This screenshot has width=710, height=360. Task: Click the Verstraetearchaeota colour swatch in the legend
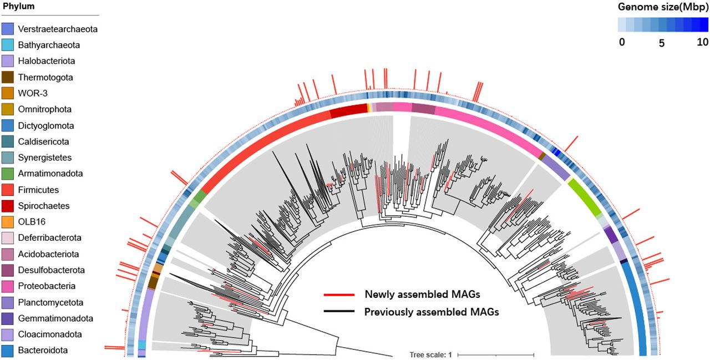(8, 29)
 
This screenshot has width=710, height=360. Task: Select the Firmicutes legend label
(38, 190)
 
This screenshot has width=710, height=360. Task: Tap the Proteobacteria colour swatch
(8, 286)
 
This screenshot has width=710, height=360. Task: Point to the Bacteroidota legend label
(42, 351)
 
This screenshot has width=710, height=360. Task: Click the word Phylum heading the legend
(18, 7)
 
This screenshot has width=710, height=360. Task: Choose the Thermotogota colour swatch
(8, 77)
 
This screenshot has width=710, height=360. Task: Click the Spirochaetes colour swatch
(8, 206)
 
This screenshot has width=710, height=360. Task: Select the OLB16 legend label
(31, 222)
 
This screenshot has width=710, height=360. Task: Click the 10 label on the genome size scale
(702, 43)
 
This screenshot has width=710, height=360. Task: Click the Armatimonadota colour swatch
(8, 174)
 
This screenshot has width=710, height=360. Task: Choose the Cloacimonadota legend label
(49, 334)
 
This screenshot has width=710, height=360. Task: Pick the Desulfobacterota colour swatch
(8, 270)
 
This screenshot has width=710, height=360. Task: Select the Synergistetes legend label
(44, 158)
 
